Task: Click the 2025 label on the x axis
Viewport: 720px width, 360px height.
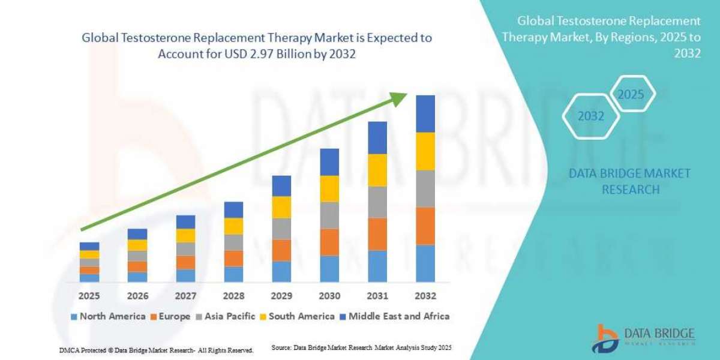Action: tap(89, 296)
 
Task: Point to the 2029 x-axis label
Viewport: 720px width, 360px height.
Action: tap(281, 296)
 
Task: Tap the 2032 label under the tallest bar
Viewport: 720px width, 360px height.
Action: tap(425, 296)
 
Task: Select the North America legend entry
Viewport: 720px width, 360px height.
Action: tap(108, 316)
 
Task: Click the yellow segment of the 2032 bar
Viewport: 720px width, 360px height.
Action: tap(425, 151)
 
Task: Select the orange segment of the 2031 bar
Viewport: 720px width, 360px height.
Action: tap(377, 234)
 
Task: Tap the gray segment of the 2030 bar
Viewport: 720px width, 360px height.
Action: tap(329, 215)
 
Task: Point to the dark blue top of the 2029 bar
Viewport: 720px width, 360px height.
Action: tap(281, 186)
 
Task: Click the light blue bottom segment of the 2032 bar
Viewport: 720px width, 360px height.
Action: tap(425, 263)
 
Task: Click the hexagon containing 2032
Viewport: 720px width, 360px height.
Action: tap(590, 116)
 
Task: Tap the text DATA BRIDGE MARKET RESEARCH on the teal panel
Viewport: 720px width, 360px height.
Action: tap(629, 181)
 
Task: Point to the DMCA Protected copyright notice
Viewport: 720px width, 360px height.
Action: tap(156, 350)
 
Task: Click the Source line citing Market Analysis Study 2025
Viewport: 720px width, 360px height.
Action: tap(361, 347)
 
